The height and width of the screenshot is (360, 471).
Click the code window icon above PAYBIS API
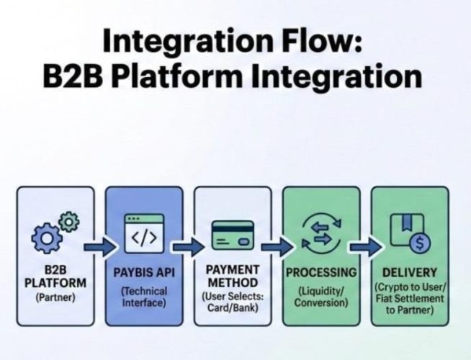click(x=143, y=233)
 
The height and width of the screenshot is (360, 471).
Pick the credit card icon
click(x=232, y=235)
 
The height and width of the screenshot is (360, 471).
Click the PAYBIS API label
click(x=144, y=274)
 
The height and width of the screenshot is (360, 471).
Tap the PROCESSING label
click(x=321, y=274)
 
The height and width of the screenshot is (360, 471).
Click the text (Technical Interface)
click(x=144, y=297)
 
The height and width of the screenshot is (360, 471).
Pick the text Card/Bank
click(x=233, y=307)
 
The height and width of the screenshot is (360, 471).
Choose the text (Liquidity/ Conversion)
click(x=321, y=297)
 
